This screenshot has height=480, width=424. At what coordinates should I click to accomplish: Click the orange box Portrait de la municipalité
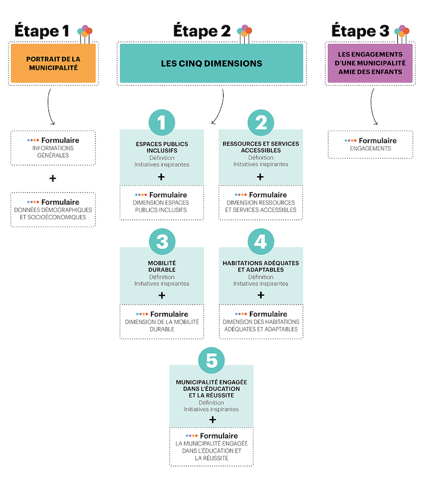(x=53, y=63)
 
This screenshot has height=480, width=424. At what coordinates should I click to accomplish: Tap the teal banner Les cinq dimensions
(x=211, y=63)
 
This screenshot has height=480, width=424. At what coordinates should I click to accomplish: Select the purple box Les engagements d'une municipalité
(x=370, y=63)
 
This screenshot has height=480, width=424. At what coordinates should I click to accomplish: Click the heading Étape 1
(x=42, y=31)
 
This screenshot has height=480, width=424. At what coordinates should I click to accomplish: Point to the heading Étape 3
(x=360, y=31)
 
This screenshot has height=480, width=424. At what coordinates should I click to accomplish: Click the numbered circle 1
(x=162, y=122)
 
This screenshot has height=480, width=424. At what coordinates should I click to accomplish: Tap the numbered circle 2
(x=261, y=122)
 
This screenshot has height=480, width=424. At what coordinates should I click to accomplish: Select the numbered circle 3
(x=162, y=242)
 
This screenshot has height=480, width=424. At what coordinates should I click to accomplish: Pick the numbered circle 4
(x=261, y=242)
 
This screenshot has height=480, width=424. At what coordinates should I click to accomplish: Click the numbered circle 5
(x=211, y=361)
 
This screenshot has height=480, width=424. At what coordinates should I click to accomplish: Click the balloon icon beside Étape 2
(x=245, y=34)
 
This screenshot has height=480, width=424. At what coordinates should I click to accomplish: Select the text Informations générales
(x=53, y=151)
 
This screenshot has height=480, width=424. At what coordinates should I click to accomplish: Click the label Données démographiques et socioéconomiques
(x=53, y=213)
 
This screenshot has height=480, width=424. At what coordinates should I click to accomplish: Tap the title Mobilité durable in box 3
(x=162, y=266)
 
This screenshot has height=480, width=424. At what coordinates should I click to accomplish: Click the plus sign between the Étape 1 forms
(x=53, y=178)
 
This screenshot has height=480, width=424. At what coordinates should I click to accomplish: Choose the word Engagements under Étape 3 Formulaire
(x=371, y=148)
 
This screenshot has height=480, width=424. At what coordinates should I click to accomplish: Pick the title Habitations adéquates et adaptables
(x=261, y=266)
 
